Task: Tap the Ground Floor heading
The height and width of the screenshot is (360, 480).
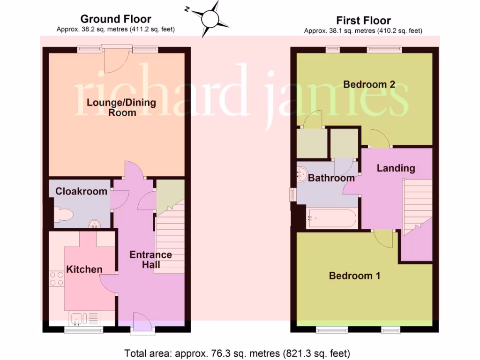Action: (x=116, y=19)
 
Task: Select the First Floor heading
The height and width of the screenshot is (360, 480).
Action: (x=363, y=21)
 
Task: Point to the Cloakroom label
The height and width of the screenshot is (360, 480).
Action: (x=82, y=191)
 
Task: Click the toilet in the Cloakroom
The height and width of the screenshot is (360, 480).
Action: (x=64, y=215)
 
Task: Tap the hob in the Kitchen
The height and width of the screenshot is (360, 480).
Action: (x=57, y=279)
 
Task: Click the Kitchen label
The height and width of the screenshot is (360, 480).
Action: (x=84, y=269)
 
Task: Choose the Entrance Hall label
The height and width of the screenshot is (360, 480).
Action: (x=150, y=259)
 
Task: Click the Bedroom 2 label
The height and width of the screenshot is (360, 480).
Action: (x=369, y=84)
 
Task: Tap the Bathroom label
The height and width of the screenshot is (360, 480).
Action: (x=331, y=178)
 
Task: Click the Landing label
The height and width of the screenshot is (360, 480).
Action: (x=396, y=168)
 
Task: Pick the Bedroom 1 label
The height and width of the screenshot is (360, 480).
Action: (x=354, y=276)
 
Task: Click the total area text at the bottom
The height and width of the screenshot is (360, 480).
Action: (x=237, y=352)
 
